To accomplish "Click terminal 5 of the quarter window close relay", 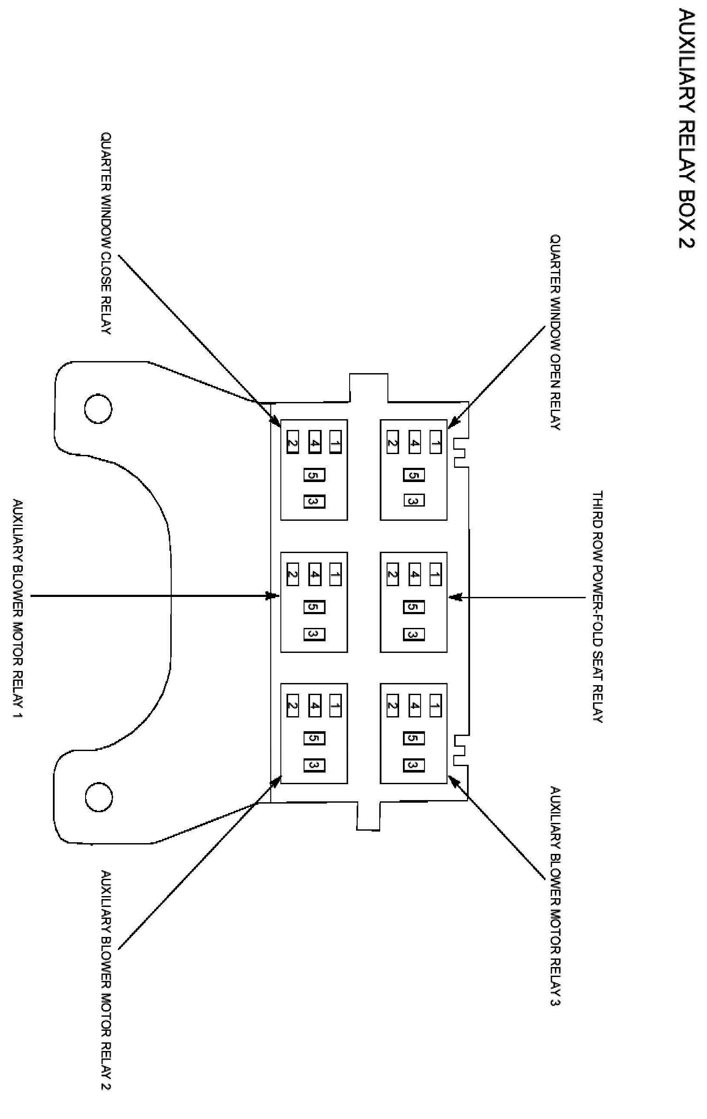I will [x=314, y=476].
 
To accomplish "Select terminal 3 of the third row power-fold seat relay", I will [x=414, y=634].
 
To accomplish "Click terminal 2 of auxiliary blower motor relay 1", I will [x=292, y=575].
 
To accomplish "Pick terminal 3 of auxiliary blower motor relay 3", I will [x=414, y=765].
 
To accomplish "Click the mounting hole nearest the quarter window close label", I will [x=98, y=408].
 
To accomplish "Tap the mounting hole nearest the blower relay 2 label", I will [x=98, y=797].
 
